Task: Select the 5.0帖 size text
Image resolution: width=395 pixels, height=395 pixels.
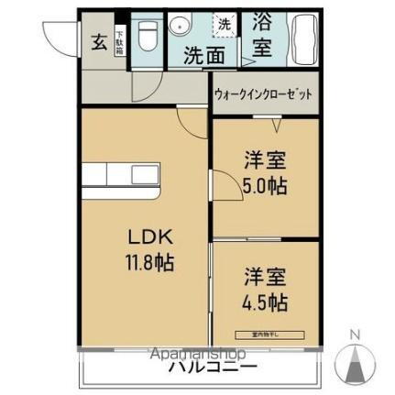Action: (x=265, y=185)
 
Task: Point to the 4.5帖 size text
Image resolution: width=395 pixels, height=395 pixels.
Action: (x=265, y=302)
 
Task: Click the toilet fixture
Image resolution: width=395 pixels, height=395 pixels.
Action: (x=147, y=37)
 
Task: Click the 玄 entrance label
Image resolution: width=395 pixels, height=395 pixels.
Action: (x=98, y=41)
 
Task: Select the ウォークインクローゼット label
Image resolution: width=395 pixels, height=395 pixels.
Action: (x=263, y=95)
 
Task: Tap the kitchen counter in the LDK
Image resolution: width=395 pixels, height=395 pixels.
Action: (x=125, y=175)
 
